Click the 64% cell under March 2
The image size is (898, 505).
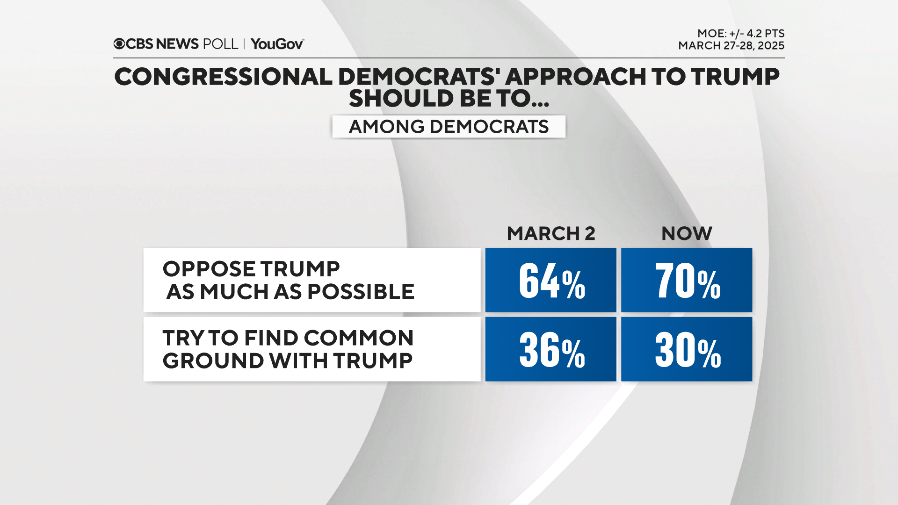point(550,280)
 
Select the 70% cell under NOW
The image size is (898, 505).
point(686,280)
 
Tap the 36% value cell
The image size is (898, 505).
point(550,349)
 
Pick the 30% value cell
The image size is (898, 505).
point(686,349)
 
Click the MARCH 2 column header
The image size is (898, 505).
point(551,233)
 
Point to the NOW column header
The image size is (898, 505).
point(687,233)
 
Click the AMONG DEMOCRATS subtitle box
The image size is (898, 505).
point(449,127)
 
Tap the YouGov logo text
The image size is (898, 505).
point(277,44)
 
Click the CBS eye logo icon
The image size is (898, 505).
point(119,44)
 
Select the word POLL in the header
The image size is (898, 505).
point(220,44)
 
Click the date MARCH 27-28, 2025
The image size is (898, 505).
point(731,46)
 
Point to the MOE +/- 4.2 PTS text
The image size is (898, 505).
point(740,34)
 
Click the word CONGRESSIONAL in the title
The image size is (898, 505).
point(223,77)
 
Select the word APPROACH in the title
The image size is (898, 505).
point(575,77)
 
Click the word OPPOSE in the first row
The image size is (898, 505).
point(209,269)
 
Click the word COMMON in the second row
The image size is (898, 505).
point(359,338)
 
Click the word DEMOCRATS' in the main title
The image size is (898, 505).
point(419,77)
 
